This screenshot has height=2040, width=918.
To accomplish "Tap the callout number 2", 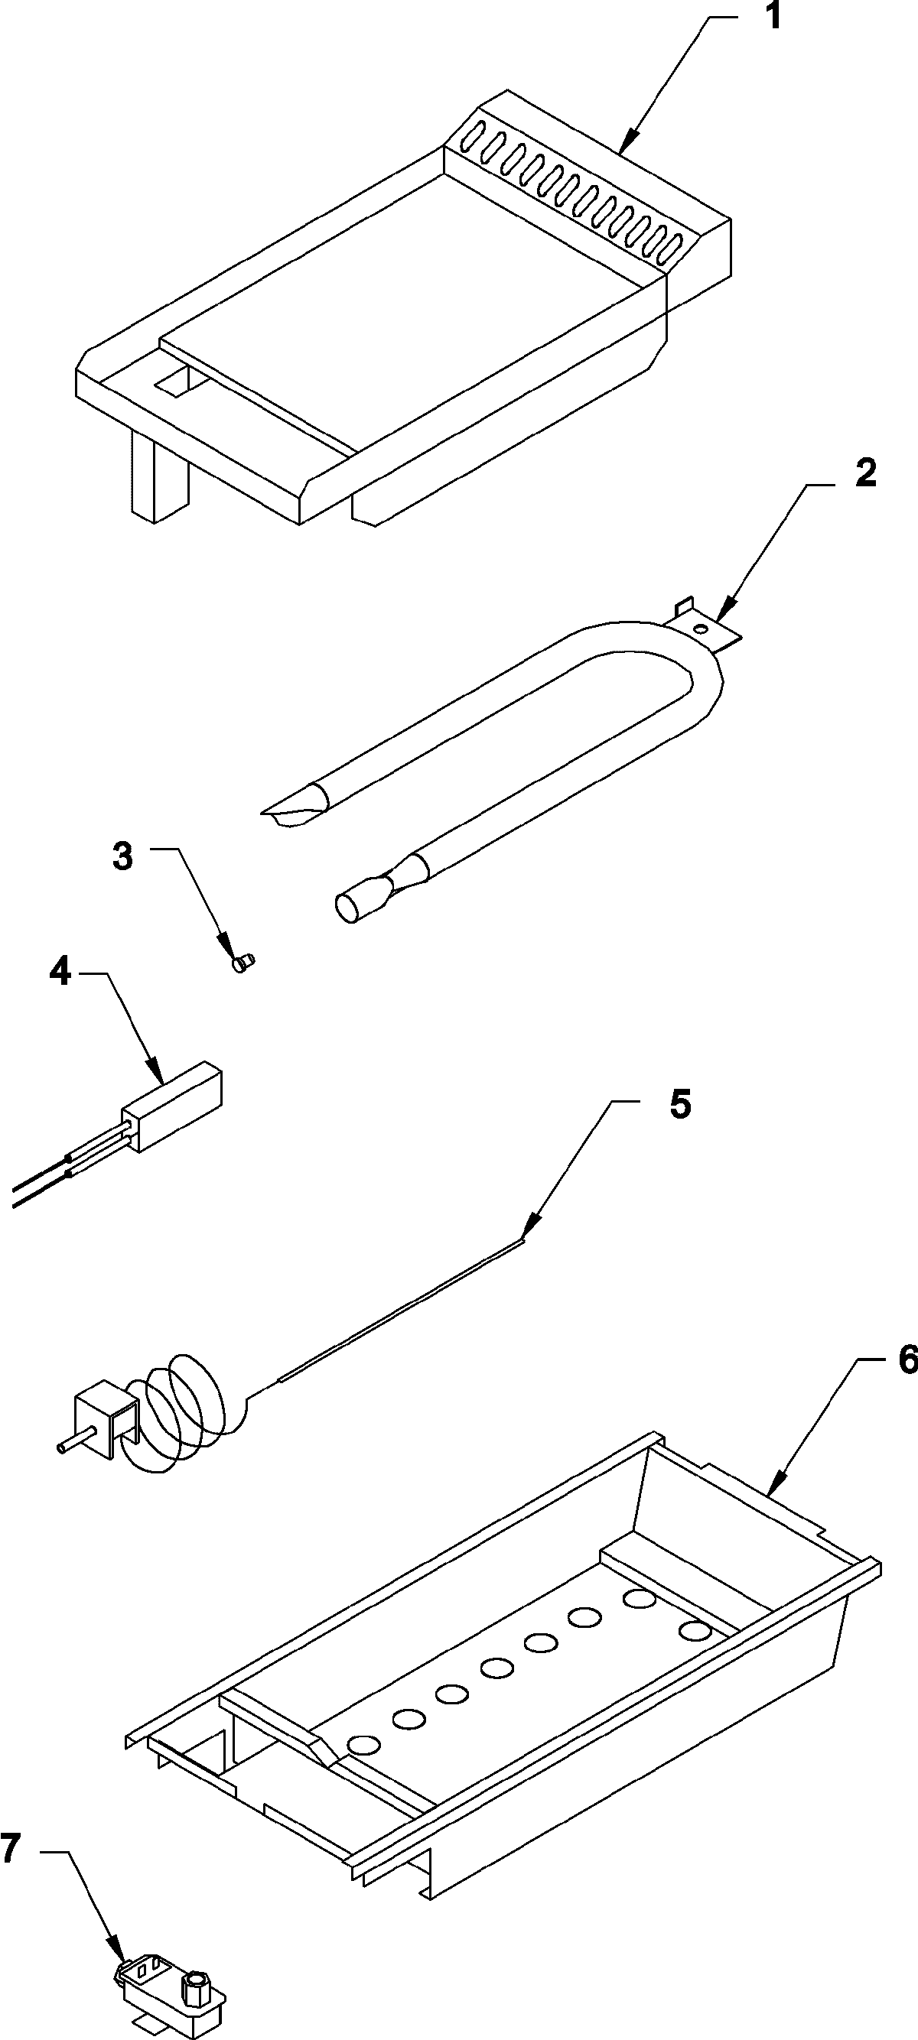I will (x=865, y=474).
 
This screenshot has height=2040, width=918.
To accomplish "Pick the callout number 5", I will (x=679, y=1105).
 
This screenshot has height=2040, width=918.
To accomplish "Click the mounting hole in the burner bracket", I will (x=699, y=629).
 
